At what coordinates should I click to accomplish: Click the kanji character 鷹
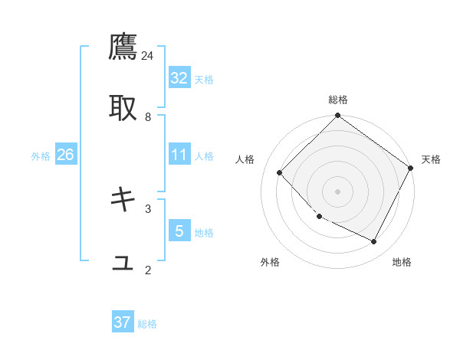123,47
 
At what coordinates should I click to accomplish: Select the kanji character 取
123,108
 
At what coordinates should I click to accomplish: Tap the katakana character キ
123,200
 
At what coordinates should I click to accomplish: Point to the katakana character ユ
123,262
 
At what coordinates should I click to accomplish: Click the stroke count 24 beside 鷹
148,55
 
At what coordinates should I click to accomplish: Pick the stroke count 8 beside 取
148,116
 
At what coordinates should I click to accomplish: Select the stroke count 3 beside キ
148,208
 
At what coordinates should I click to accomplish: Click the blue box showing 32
179,78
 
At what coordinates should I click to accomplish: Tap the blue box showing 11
179,155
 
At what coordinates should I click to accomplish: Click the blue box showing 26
66,155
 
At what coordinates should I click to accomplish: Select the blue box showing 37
123,322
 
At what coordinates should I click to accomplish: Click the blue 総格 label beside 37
147,324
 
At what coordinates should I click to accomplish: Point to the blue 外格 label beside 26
41,156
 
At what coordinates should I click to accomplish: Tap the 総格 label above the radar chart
338,100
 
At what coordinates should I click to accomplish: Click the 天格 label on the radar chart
431,159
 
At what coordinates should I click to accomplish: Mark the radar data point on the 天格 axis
411,168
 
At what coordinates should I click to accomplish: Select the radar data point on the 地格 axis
374,242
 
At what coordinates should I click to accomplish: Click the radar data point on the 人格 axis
280,173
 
